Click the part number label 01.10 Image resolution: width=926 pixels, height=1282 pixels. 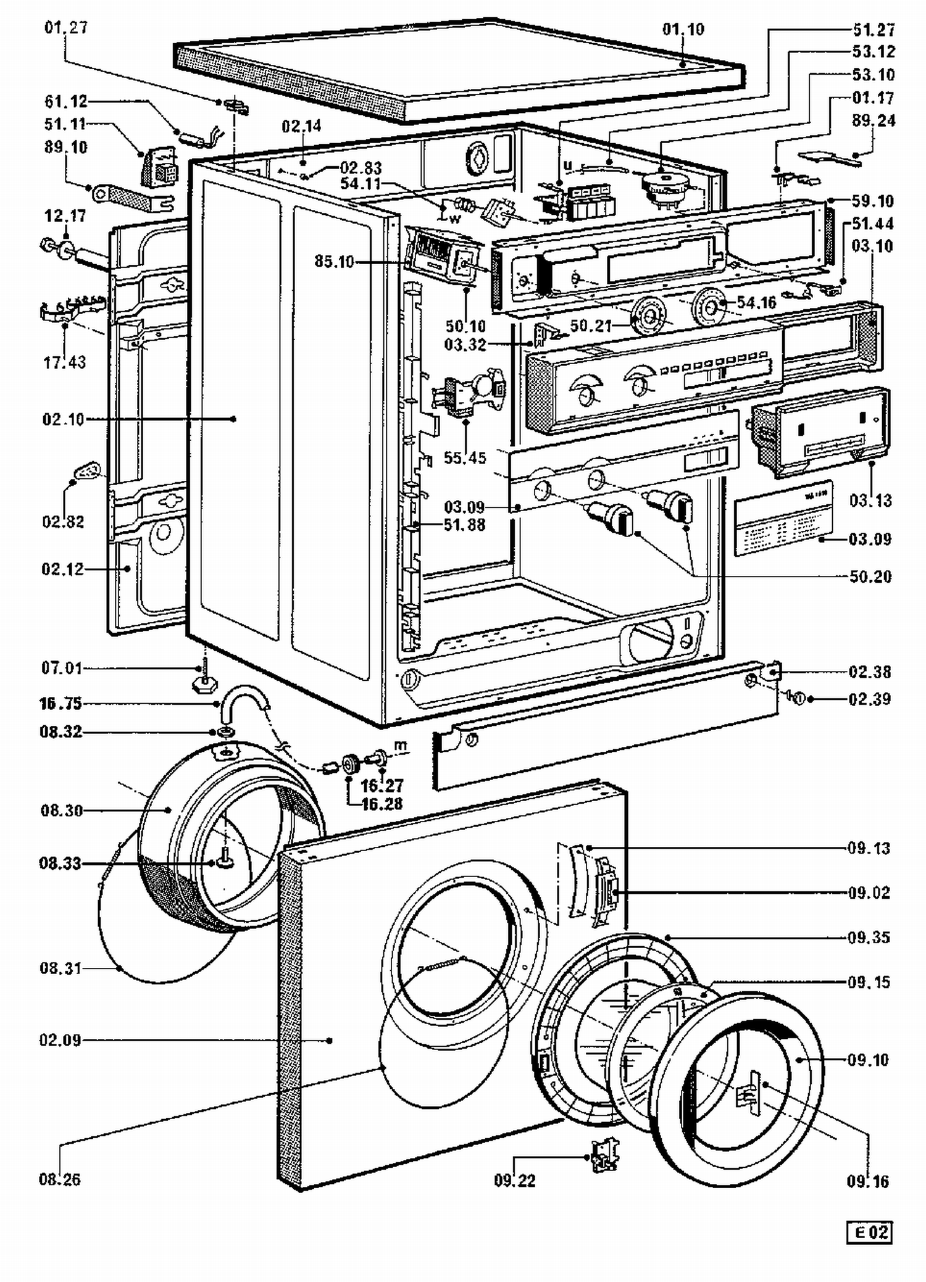click(x=683, y=29)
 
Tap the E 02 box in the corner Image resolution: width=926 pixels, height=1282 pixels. click(x=869, y=1233)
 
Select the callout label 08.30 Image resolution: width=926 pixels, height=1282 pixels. click(x=61, y=810)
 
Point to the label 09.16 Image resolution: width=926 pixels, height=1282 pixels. click(x=867, y=1181)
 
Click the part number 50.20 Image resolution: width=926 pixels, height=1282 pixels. click(x=870, y=576)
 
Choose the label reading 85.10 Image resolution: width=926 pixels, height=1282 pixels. click(x=334, y=261)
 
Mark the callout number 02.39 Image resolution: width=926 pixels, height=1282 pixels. click(x=869, y=699)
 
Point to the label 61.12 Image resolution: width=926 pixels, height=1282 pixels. click(x=66, y=101)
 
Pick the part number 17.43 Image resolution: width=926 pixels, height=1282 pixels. click(x=64, y=362)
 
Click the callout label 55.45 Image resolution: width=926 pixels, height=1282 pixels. click(x=465, y=457)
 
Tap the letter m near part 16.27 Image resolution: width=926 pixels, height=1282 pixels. click(x=401, y=746)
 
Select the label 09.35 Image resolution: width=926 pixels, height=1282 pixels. click(x=869, y=938)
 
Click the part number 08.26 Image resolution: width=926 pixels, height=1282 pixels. click(x=59, y=1180)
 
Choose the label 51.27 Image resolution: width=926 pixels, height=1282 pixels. click(x=874, y=30)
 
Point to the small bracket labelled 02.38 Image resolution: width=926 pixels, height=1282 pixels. click(x=772, y=670)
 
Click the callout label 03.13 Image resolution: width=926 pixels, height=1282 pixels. click(x=870, y=500)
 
